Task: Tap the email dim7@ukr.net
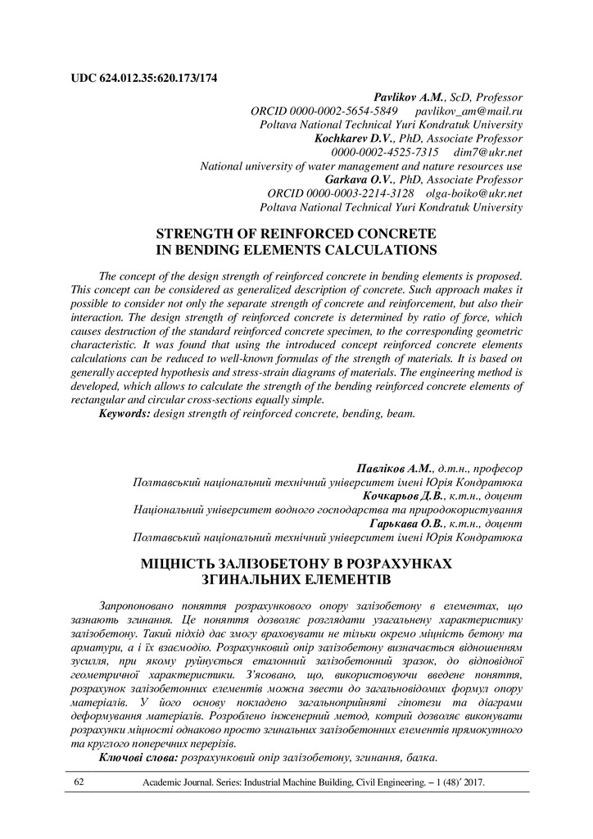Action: (490, 152)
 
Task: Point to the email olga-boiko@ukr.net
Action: (473, 194)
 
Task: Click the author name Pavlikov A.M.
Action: (408, 96)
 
